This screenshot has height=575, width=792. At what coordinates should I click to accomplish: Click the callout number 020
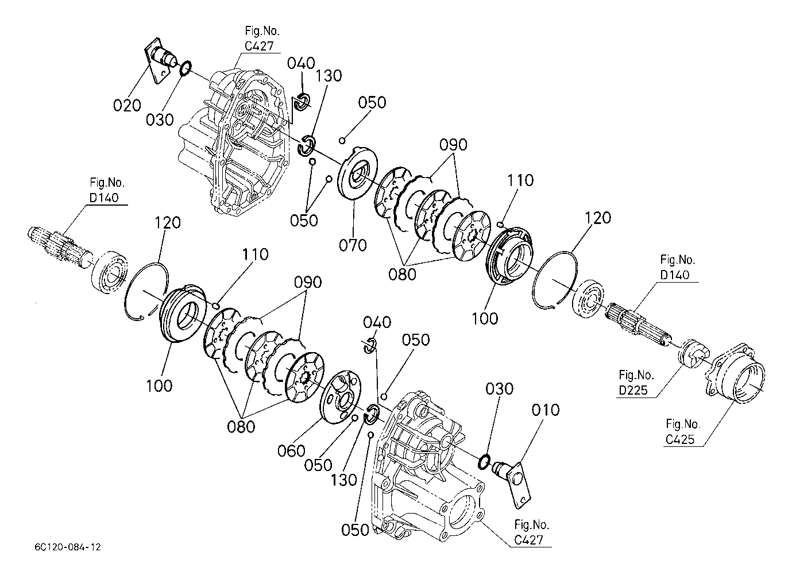[127, 105]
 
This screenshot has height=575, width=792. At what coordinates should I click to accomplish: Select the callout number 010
[546, 410]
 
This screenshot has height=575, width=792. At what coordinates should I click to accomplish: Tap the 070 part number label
[353, 245]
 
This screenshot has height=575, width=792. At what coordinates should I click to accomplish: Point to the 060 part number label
[291, 451]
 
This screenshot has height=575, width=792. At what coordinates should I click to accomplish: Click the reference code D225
[633, 390]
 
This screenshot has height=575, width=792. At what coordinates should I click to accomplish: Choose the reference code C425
[680, 439]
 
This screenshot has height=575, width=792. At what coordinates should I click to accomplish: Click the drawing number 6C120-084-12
[68, 547]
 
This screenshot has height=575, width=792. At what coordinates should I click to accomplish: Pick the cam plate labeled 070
[357, 174]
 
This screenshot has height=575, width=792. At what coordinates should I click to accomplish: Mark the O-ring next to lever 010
[484, 462]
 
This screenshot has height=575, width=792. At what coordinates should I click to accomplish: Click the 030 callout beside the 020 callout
[160, 120]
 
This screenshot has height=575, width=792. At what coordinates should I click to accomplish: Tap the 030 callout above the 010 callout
[499, 389]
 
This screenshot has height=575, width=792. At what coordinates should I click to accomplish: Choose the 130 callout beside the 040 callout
[329, 76]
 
